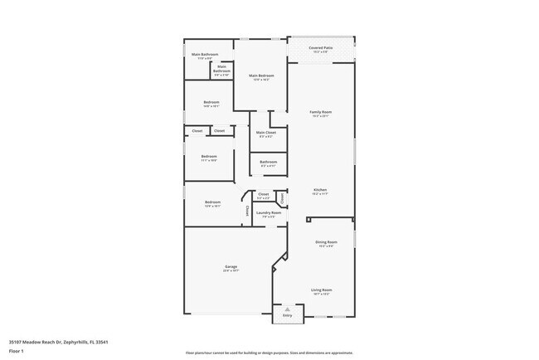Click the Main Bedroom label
[x=261, y=75]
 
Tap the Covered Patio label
[x=321, y=49]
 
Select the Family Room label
[x=321, y=112]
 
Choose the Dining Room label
[x=325, y=241]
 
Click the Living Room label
[x=321, y=289]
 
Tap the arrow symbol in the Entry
[x=288, y=309]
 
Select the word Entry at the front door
[x=288, y=316]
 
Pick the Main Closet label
[x=266, y=133]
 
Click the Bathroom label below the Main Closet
[x=268, y=162]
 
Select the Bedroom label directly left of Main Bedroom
[x=211, y=102]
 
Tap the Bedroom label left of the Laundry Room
[x=213, y=202]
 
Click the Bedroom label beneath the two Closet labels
[x=209, y=156]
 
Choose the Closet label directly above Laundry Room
[x=263, y=194]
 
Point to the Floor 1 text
[x=17, y=351]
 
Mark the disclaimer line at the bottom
[x=269, y=352]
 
